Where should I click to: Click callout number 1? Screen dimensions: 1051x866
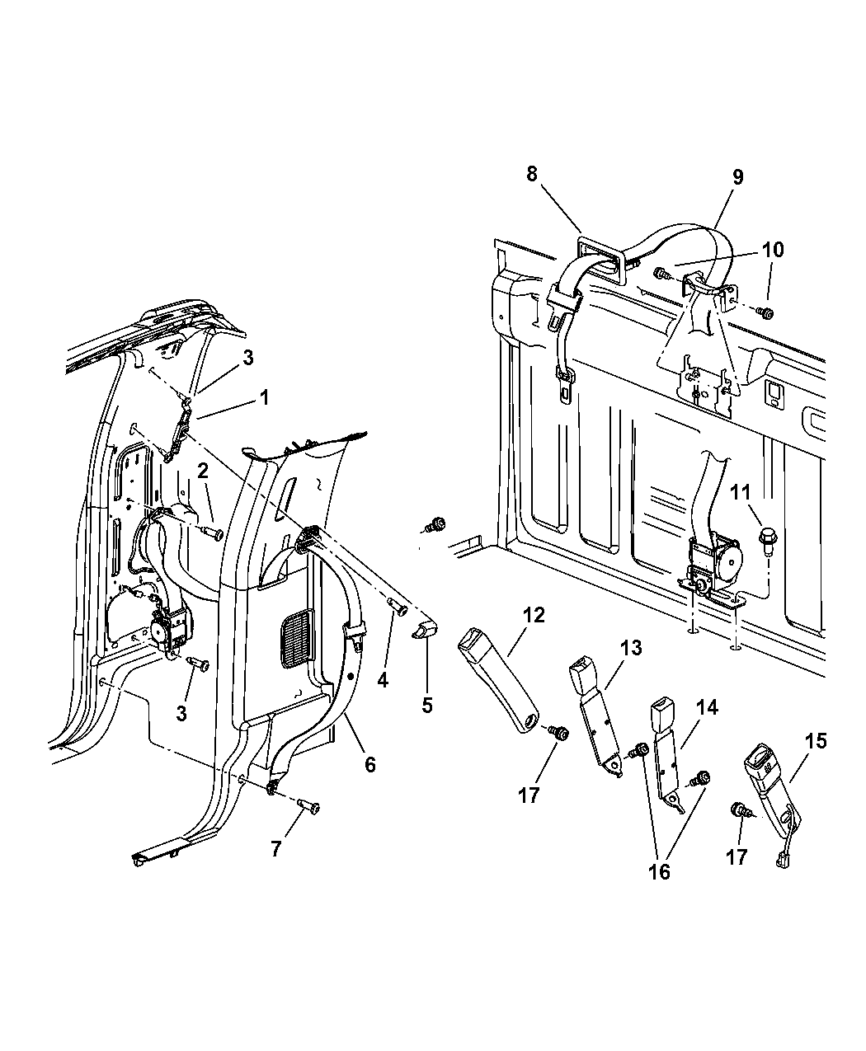(264, 397)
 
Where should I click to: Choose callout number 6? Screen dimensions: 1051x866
(369, 764)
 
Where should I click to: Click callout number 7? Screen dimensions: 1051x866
(275, 848)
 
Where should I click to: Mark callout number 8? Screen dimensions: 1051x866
(532, 174)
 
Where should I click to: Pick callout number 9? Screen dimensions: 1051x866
(737, 176)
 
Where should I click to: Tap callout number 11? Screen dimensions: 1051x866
(740, 495)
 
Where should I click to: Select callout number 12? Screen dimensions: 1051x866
(533, 615)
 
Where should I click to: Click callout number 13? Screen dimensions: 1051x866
(631, 649)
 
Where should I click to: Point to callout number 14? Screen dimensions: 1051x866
(706, 707)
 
